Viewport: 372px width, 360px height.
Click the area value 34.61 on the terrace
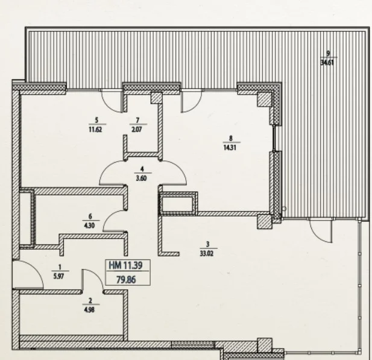(327, 63)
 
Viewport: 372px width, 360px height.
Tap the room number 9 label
(328, 54)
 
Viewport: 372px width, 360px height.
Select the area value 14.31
(230, 148)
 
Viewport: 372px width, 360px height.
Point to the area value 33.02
(207, 254)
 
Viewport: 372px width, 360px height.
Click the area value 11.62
(95, 130)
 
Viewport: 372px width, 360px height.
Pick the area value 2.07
(137, 130)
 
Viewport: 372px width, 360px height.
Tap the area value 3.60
(141, 178)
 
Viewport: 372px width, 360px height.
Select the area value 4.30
(89, 226)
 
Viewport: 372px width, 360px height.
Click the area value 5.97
(58, 276)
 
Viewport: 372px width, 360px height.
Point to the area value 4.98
(89, 310)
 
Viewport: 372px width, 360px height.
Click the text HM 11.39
(125, 265)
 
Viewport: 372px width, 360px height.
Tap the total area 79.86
(126, 280)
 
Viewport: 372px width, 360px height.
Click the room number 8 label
(230, 138)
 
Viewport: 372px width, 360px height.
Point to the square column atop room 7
(157, 98)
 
